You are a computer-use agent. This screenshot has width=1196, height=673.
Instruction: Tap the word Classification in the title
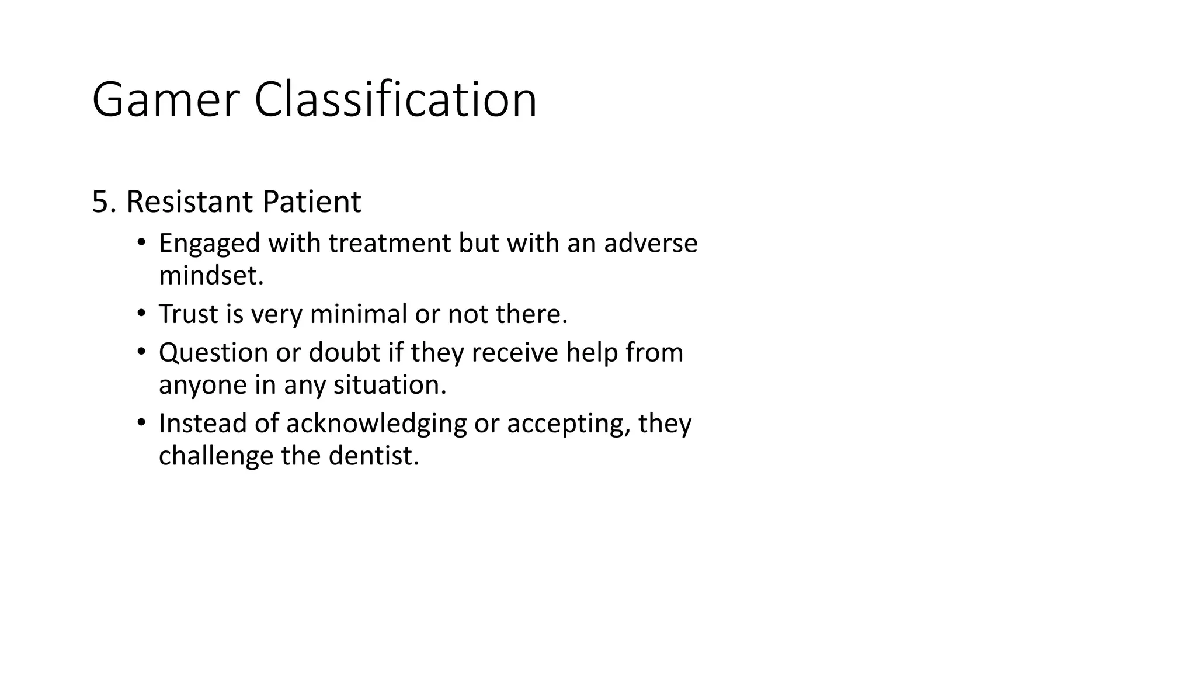[395, 100]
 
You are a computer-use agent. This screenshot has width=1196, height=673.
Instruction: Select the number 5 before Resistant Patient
[100, 202]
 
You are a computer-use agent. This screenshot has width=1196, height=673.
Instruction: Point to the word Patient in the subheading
[311, 202]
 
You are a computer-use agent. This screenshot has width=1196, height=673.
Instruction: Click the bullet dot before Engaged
[141, 242]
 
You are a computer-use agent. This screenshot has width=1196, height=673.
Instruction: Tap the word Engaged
[209, 244]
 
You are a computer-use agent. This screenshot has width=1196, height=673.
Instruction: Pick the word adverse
[651, 243]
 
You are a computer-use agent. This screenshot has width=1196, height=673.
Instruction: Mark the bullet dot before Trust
[141, 313]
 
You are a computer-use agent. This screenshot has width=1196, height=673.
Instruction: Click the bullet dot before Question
[141, 352]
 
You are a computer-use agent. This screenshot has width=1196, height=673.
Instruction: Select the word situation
[389, 385]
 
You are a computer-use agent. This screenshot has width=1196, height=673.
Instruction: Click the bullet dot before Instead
[141, 422]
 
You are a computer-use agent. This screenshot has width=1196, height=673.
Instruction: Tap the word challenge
[215, 456]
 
